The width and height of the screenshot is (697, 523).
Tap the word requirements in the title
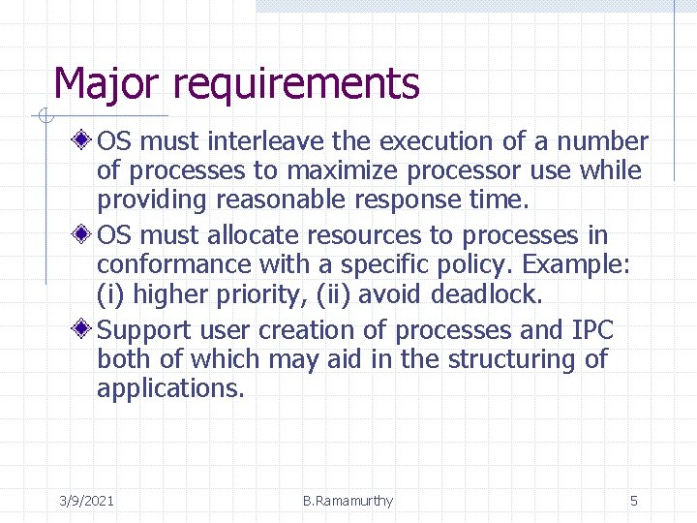coord(296,85)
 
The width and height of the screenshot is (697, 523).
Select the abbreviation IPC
coord(592,330)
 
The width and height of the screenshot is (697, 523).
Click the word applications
coord(170,389)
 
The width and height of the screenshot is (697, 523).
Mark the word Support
coord(146,330)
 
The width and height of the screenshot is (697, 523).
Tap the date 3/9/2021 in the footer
coord(86,501)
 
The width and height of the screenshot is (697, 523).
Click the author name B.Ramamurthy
coord(348,501)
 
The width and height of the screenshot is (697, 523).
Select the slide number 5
coord(634,501)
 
